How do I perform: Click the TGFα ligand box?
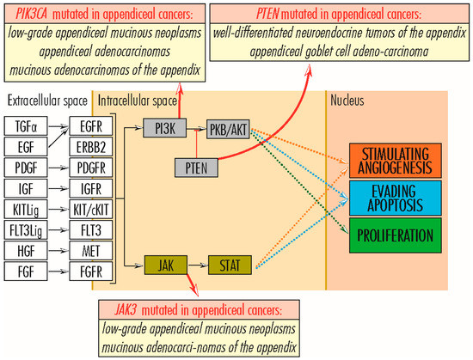point(24,125)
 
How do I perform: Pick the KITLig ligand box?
point(24,209)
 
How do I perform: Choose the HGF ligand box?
point(24,250)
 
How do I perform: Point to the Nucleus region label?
point(348,100)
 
